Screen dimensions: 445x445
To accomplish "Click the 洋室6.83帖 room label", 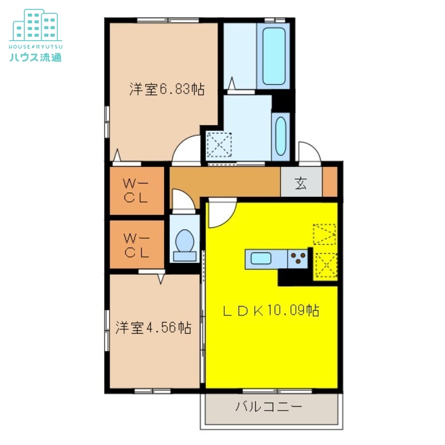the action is (x=167, y=89).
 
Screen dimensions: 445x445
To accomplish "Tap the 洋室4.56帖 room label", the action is (x=154, y=328).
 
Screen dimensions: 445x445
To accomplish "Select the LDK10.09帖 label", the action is (x=271, y=310).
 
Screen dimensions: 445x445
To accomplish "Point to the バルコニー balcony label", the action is (x=269, y=407).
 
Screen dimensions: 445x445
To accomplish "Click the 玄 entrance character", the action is (x=301, y=183).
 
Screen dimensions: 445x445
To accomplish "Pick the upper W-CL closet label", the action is (x=136, y=191).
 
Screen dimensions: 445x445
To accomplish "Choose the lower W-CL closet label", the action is (x=136, y=245).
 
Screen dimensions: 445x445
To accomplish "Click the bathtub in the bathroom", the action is (x=274, y=56).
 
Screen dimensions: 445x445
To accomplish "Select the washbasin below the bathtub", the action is (x=281, y=136).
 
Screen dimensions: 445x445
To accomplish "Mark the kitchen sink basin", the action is (x=261, y=259).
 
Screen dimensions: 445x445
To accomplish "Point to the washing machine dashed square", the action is (x=219, y=145).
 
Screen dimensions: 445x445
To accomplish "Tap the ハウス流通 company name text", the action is (x=36, y=57).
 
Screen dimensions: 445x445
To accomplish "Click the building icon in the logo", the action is (x=36, y=25).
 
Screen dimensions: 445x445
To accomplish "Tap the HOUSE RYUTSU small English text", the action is (x=36, y=47).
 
